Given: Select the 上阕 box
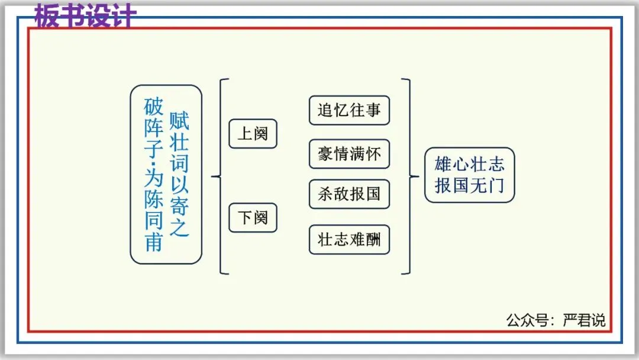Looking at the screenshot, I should [x=253, y=134].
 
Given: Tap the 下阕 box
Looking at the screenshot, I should [x=253, y=217].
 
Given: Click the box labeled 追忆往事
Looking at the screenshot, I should [x=349, y=110].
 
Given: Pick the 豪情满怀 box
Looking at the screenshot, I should [x=349, y=155].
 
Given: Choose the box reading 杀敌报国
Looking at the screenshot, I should [x=349, y=194].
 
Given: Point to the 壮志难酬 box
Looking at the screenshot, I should [x=349, y=239].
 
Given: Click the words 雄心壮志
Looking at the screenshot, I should [x=469, y=164].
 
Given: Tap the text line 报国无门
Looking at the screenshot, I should [x=469, y=185].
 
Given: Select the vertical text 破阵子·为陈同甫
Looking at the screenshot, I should [x=153, y=174].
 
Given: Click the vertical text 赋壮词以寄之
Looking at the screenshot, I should [x=179, y=174].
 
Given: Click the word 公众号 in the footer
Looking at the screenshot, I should [x=523, y=320].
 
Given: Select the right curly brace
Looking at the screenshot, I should [x=406, y=176].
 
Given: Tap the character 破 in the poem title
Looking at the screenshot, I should [x=153, y=107].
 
